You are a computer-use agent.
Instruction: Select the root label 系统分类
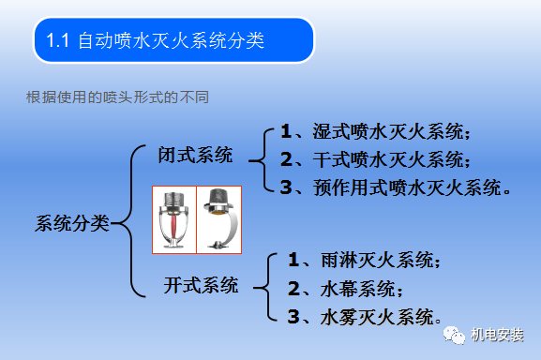(71, 223)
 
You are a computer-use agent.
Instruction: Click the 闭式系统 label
(195, 155)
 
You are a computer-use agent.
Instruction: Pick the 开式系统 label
(201, 284)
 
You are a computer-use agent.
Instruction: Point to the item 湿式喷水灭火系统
(388, 132)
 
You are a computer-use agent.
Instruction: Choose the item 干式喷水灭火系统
(388, 158)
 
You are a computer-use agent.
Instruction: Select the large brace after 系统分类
(127, 222)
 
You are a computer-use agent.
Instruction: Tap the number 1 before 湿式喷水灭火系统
(286, 132)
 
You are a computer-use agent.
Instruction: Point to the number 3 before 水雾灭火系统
(293, 314)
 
